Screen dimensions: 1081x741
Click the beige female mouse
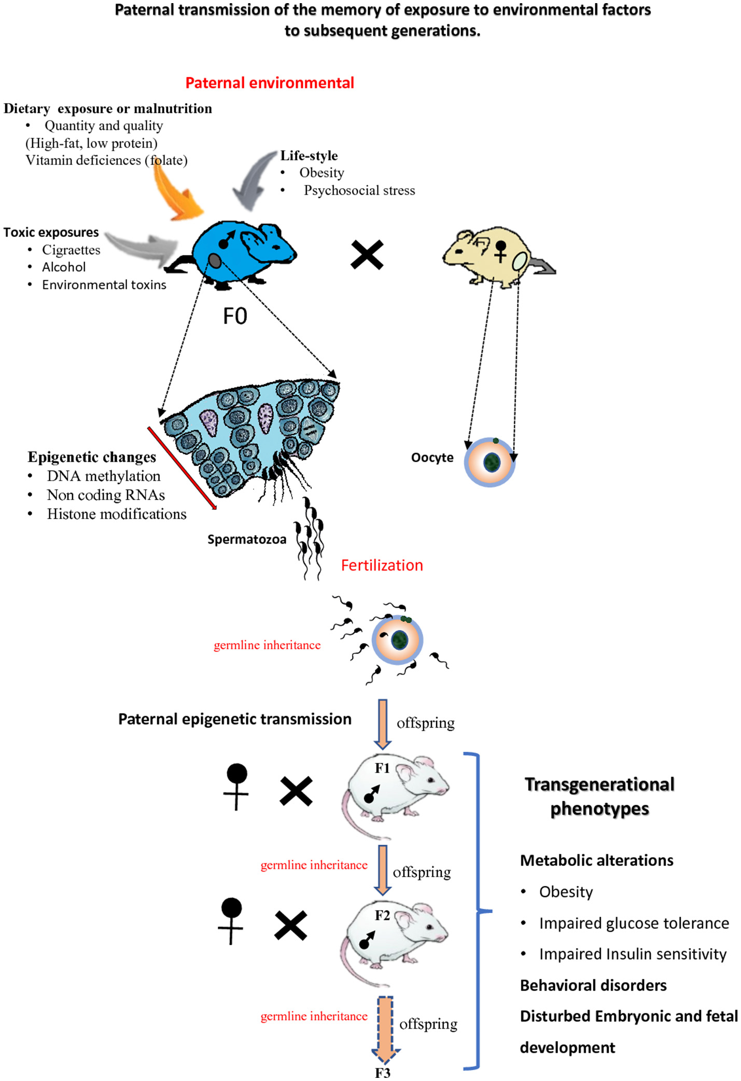pyautogui.click(x=493, y=254)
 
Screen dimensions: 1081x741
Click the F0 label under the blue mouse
pyautogui.click(x=235, y=316)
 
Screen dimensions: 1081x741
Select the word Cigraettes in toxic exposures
pyautogui.click(x=71, y=250)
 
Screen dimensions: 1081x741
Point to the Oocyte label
pyautogui.click(x=432, y=458)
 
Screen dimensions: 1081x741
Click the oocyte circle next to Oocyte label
pyautogui.click(x=490, y=462)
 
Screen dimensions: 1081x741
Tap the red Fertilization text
pyautogui.click(x=382, y=565)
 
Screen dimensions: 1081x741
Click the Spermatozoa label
pyautogui.click(x=246, y=539)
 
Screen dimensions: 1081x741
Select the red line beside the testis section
pyautogui.click(x=181, y=468)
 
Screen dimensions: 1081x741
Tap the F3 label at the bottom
pyautogui.click(x=383, y=1073)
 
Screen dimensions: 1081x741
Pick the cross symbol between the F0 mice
pyautogui.click(x=367, y=254)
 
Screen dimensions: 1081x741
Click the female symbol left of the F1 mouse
pyautogui.click(x=236, y=785)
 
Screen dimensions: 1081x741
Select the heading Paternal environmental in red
pyautogui.click(x=270, y=83)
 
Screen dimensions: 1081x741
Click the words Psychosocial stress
pyautogui.click(x=359, y=190)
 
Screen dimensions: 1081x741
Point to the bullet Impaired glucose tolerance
pyautogui.click(x=634, y=923)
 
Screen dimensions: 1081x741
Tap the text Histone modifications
pyautogui.click(x=117, y=514)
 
